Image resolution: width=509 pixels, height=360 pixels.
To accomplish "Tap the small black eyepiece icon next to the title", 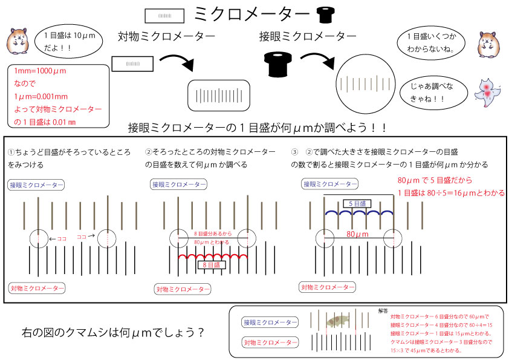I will (326, 14).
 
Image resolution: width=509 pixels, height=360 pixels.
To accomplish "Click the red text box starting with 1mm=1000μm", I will (58, 97).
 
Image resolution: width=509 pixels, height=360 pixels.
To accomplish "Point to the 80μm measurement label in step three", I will (358, 233).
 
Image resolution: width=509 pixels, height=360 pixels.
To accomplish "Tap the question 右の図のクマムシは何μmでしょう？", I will (112, 332).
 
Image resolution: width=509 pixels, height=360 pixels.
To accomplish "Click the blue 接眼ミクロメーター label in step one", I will (36, 184).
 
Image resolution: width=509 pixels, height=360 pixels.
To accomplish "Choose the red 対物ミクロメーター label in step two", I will (183, 289).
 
